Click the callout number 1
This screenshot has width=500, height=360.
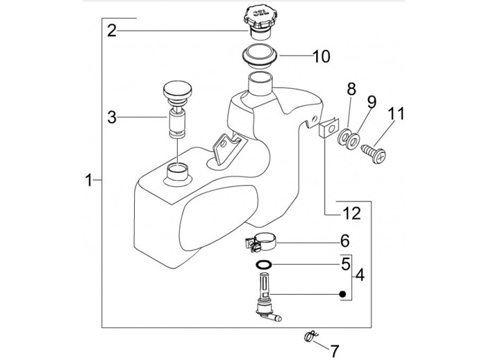(x=89, y=180)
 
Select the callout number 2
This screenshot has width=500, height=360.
(x=112, y=30)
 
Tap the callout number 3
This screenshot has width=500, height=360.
(x=112, y=117)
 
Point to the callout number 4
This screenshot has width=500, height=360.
(x=359, y=276)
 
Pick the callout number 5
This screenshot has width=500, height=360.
(x=344, y=264)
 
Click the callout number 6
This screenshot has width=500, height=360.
(x=344, y=242)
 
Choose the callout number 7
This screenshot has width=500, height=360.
(x=334, y=349)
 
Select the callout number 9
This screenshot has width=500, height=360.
(x=372, y=102)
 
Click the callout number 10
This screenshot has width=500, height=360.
(x=321, y=56)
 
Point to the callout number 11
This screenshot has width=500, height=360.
(x=396, y=113)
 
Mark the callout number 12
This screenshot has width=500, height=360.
(x=352, y=213)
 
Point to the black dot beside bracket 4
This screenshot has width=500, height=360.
(x=342, y=294)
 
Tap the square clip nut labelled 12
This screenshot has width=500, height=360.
(x=327, y=130)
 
